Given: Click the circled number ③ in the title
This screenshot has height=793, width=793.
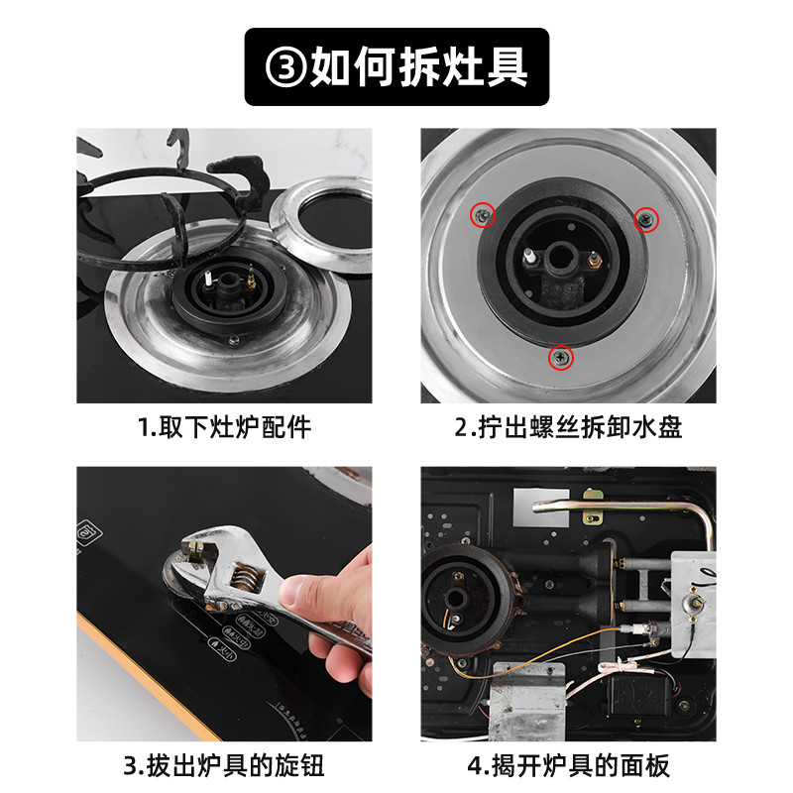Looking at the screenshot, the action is [x=285, y=66].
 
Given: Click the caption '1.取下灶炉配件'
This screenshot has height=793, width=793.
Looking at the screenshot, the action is [x=225, y=427].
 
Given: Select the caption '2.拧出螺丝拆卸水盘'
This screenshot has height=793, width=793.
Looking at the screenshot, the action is [x=568, y=427].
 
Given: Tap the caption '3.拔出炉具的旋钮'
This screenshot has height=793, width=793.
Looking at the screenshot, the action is [x=224, y=765].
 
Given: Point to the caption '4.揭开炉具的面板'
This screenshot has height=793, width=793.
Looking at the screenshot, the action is [x=568, y=765].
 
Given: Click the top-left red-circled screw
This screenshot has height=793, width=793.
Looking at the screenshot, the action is [x=483, y=215].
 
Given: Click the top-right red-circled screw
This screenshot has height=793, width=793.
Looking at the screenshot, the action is [x=646, y=219].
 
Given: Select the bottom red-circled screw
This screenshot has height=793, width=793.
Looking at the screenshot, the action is [x=561, y=358].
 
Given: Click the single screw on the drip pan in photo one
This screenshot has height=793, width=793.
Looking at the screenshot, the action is [x=233, y=339].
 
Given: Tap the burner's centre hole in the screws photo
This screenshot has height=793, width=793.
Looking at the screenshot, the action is [x=558, y=257].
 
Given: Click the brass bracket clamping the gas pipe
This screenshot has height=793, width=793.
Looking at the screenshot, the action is [x=593, y=507].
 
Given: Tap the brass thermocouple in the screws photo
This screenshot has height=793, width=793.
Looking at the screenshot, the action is [x=594, y=262].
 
